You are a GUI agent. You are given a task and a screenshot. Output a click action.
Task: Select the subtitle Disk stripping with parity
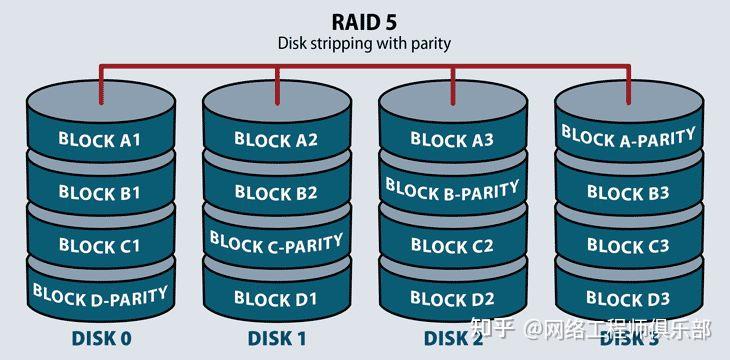[x=364, y=43]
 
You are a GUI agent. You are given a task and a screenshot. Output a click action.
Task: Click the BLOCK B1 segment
[x=99, y=192]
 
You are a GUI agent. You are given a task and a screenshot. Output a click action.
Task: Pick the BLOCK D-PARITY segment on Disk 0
[x=99, y=294]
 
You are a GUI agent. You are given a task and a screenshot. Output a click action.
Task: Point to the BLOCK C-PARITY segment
[x=276, y=242]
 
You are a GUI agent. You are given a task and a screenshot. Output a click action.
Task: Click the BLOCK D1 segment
[x=276, y=298]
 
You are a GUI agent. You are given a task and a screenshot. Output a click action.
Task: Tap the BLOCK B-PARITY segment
[x=453, y=188]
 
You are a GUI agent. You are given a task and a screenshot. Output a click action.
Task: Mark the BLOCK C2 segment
[x=453, y=245]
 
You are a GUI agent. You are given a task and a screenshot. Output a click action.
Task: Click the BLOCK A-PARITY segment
[x=629, y=136]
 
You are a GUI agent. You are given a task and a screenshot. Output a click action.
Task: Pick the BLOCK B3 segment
[x=629, y=193]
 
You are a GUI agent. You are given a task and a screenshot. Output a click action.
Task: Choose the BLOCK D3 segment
[x=629, y=298]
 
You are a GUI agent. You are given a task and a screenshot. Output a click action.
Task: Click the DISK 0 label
[x=101, y=338]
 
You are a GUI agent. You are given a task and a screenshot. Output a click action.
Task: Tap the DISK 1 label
[x=276, y=338]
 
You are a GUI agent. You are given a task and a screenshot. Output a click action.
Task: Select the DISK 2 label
[x=452, y=338]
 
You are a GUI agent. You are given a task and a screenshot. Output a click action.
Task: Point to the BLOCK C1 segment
[x=99, y=245]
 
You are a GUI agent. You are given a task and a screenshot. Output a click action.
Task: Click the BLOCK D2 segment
[x=453, y=298]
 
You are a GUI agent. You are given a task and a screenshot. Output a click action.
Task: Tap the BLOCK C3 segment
[x=629, y=245]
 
